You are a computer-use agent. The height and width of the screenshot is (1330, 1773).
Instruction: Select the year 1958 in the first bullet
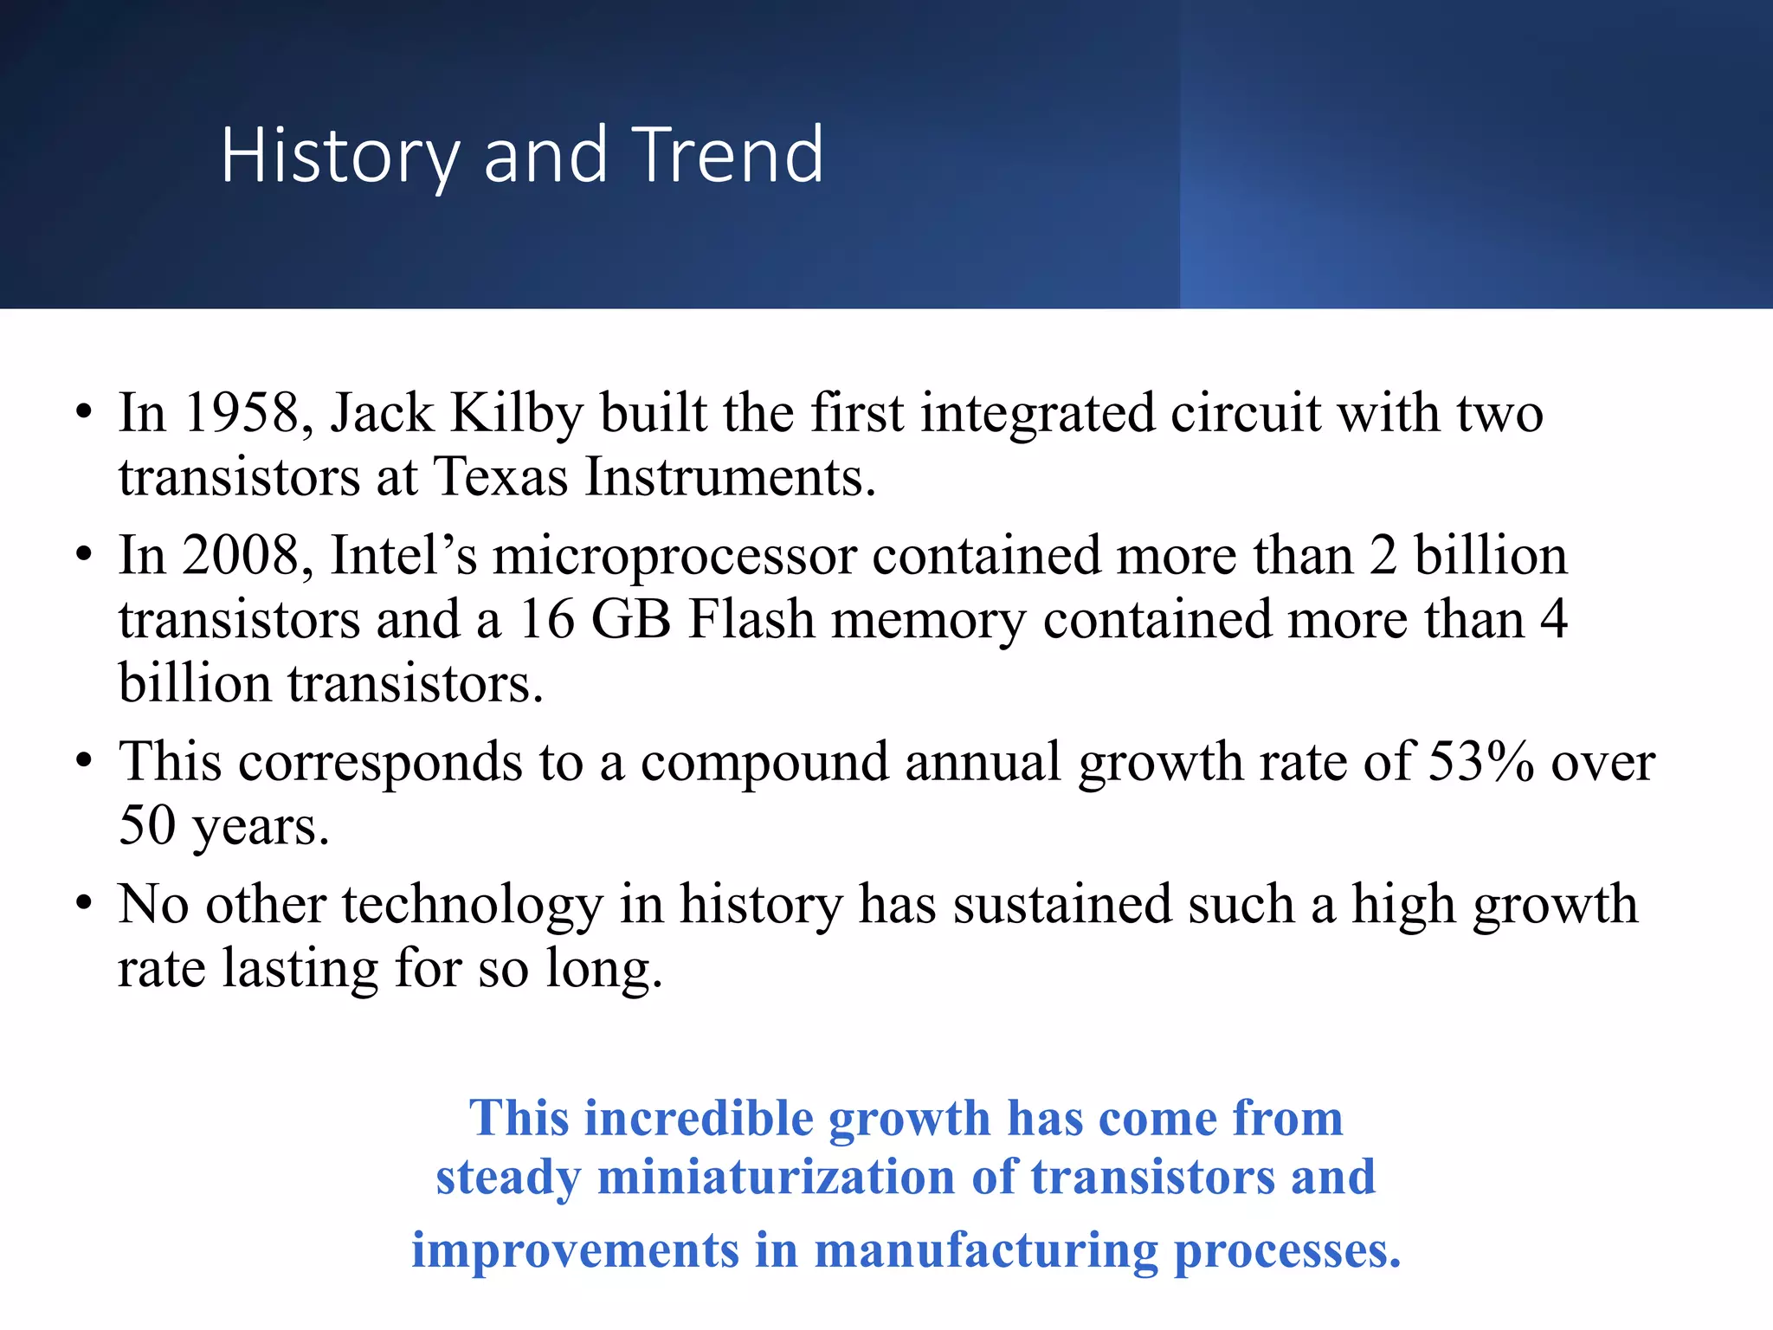242,412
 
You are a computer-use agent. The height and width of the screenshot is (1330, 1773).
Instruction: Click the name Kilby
517,414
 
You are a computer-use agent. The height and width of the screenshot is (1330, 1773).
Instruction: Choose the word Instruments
730,476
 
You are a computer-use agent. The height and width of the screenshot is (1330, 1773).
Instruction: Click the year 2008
242,555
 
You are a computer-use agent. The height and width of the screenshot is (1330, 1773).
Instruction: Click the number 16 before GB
546,620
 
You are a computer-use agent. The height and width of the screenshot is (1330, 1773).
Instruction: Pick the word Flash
751,620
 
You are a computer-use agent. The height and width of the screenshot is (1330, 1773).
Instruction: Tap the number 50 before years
147,825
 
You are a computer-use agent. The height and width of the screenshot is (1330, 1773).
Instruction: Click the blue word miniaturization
777,1178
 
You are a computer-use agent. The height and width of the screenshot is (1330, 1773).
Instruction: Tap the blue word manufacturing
985,1251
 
